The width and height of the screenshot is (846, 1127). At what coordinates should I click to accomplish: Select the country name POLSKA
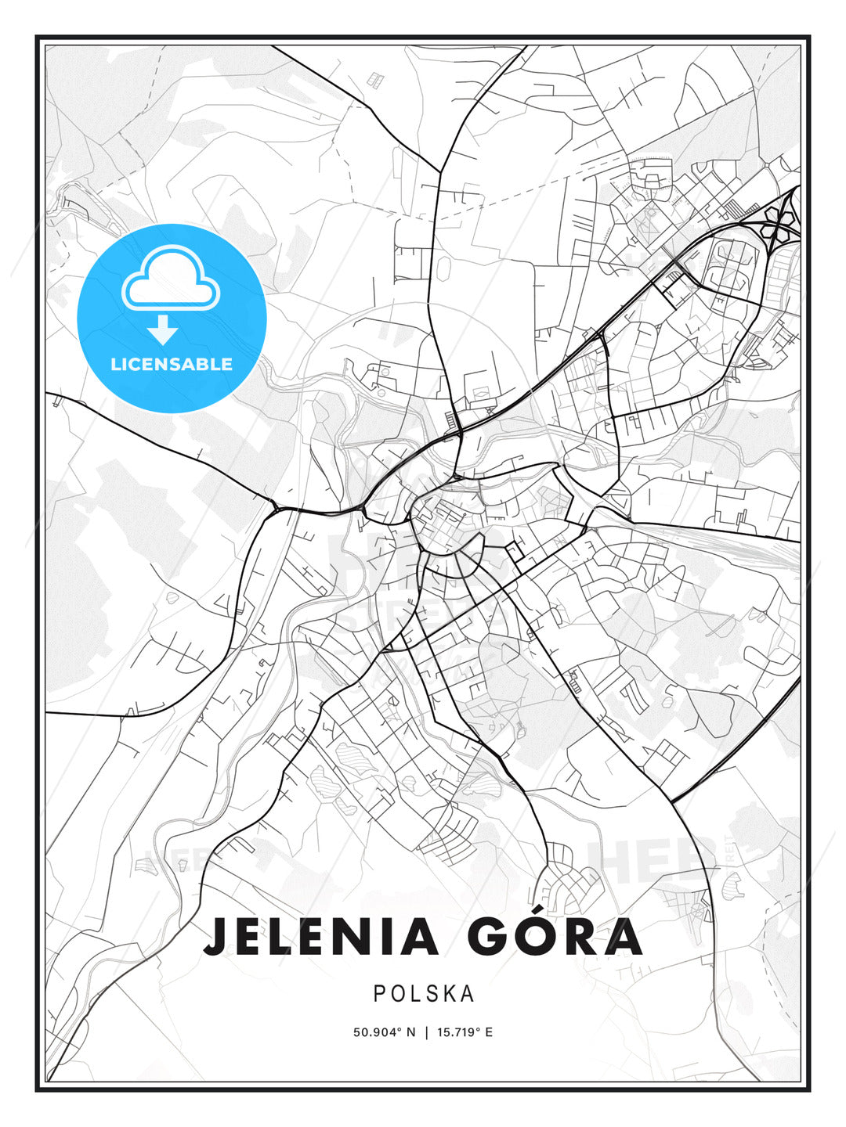coord(424,993)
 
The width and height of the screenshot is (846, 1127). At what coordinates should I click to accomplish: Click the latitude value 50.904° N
coord(385,1032)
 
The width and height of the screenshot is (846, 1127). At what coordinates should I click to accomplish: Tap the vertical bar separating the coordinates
coord(426,1032)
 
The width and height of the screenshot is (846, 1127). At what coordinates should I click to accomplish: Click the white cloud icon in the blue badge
coord(171,279)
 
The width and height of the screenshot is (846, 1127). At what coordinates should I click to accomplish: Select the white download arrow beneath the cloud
coord(163,329)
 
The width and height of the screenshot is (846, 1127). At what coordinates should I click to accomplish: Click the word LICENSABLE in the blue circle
coord(172,364)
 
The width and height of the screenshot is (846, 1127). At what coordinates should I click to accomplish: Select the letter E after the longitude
coord(489,1032)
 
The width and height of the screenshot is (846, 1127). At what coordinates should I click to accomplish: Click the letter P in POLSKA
coord(379,993)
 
